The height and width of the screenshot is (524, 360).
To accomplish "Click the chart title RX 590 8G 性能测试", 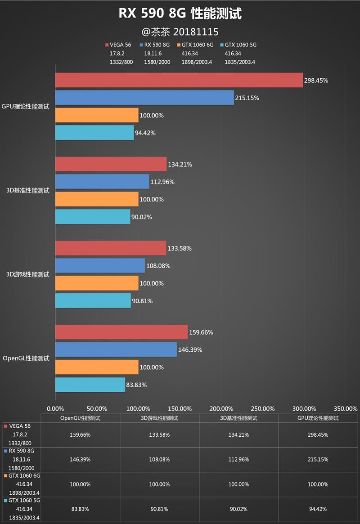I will pyautogui.click(x=180, y=13).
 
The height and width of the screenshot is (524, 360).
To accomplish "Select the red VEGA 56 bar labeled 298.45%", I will pyautogui.click(x=179, y=80).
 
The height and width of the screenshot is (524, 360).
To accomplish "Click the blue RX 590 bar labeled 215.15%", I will pyautogui.click(x=144, y=98).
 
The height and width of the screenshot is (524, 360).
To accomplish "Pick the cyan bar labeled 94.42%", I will pyautogui.click(x=94, y=132).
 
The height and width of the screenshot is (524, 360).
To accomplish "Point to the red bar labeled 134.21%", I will pyautogui.click(x=111, y=164).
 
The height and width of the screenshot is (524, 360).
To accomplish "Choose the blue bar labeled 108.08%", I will pyautogui.click(x=100, y=265).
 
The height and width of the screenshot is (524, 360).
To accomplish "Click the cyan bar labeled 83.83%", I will pyautogui.click(x=90, y=385).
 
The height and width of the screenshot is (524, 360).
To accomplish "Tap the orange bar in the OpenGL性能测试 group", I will pyautogui.click(x=97, y=367).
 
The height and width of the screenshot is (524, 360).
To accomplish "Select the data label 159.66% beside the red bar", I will pyautogui.click(x=201, y=333).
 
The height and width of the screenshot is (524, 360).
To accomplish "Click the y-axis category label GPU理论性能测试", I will pyautogui.click(x=26, y=107).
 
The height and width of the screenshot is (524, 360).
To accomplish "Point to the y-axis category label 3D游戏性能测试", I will pyautogui.click(x=28, y=274).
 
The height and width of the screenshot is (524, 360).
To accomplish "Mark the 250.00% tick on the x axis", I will pyautogui.click(x=262, y=408).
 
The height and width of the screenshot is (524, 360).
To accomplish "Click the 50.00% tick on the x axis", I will pyautogui.click(x=96, y=408).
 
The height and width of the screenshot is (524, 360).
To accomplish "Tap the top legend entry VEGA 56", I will pyautogui.click(x=120, y=45).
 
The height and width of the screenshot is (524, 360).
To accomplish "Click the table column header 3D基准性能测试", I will pyautogui.click(x=239, y=418).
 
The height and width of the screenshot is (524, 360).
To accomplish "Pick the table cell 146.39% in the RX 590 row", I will pyautogui.click(x=81, y=459).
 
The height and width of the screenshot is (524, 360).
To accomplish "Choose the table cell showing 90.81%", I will pyautogui.click(x=160, y=509).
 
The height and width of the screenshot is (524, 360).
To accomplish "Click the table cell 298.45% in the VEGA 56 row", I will pyautogui.click(x=318, y=435).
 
